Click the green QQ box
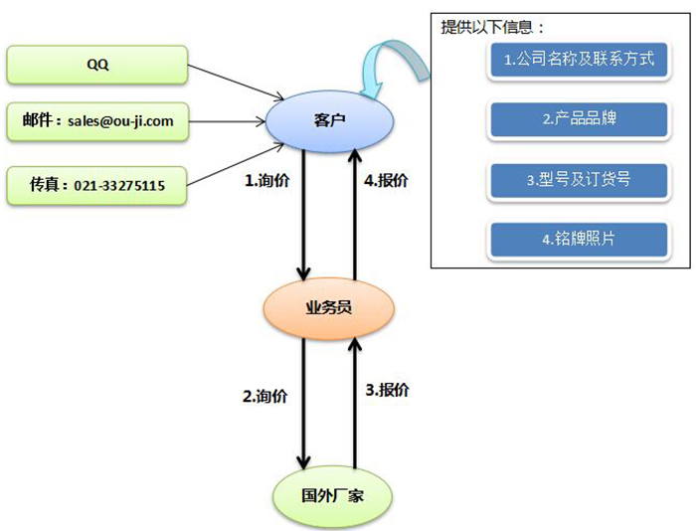click(x=97, y=65)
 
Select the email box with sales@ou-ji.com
click(x=97, y=121)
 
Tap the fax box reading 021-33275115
click(x=97, y=184)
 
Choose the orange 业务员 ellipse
click(x=328, y=307)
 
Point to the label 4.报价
click(x=387, y=181)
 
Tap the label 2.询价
click(x=264, y=395)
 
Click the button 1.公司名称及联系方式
click(x=579, y=60)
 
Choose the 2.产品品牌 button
click(x=579, y=119)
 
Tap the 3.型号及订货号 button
click(x=579, y=180)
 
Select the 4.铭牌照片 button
click(x=579, y=240)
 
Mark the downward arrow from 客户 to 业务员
click(x=304, y=214)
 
